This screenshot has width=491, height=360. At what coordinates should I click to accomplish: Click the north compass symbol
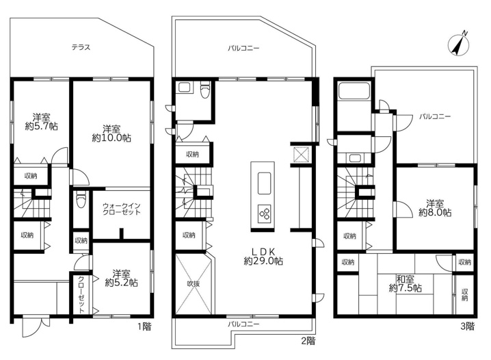click(459, 44)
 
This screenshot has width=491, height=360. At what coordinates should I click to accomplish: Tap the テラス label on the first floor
click(81, 47)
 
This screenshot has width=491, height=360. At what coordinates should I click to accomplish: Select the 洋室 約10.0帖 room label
click(111, 133)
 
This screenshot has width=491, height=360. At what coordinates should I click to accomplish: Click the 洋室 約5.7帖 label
click(41, 122)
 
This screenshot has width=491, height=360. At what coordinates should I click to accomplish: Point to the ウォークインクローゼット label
click(122, 209)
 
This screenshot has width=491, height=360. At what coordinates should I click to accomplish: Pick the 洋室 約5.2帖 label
click(121, 278)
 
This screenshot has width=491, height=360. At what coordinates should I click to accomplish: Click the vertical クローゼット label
click(81, 294)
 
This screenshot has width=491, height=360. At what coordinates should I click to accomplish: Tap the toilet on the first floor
click(81, 200)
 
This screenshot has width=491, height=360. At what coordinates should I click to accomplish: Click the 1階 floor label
click(144, 326)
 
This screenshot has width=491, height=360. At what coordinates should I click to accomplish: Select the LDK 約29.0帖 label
click(263, 256)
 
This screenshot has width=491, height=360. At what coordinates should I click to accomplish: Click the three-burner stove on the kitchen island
click(264, 214)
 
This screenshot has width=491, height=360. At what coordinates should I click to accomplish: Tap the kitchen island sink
click(264, 183)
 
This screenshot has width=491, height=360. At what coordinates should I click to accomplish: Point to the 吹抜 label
click(194, 283)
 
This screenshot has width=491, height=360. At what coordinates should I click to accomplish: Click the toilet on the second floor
click(204, 90)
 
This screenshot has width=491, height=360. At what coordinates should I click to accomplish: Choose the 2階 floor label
click(308, 341)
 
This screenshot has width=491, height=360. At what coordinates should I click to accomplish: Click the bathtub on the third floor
click(354, 91)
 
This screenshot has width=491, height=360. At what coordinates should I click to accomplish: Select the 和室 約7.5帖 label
click(406, 283)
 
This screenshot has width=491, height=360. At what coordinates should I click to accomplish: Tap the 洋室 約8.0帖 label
click(435, 208)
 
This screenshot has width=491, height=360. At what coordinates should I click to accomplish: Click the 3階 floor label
click(468, 326)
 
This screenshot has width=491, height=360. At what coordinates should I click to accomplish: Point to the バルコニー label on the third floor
click(435, 116)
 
